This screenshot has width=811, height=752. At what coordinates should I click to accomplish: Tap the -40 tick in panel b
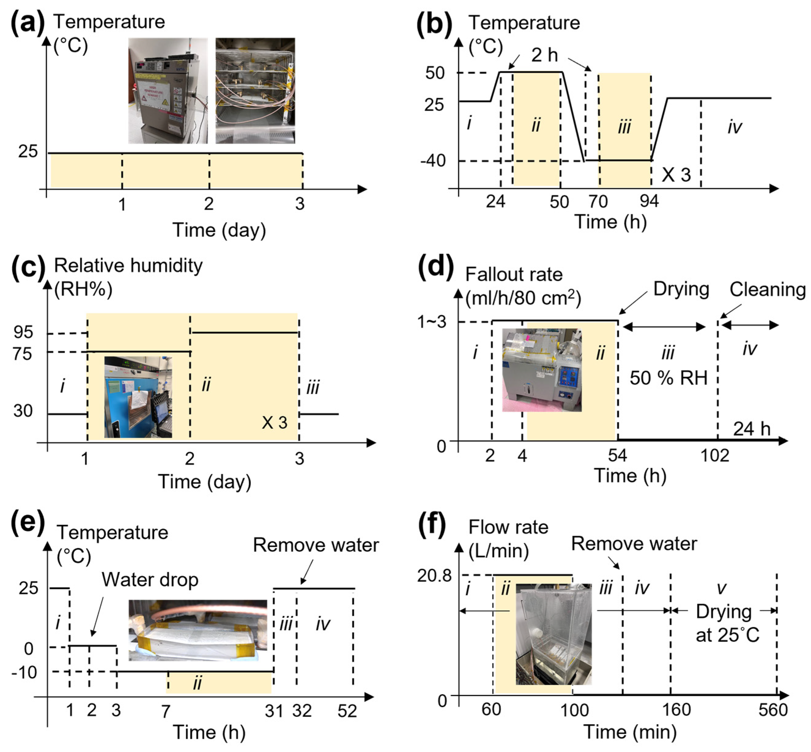tap(433, 161)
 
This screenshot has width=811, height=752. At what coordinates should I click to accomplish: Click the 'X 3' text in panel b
tap(676, 175)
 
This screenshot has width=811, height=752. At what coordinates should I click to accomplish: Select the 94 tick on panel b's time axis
tap(649, 201)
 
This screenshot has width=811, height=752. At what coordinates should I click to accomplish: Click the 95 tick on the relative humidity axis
tap(23, 333)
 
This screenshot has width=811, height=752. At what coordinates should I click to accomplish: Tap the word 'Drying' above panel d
tap(681, 289)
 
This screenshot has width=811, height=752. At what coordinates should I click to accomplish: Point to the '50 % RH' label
tap(669, 378)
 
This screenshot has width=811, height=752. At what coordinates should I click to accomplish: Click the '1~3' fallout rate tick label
tap(432, 322)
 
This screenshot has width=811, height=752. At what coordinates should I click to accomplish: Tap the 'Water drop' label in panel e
tap(150, 580)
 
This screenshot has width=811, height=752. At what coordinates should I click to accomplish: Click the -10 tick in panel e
tap(24, 672)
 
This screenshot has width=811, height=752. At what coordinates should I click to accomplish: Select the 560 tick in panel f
tap(773, 710)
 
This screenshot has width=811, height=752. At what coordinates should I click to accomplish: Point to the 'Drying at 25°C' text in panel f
tap(727, 623)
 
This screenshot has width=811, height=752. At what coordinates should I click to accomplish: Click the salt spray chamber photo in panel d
tap(542, 370)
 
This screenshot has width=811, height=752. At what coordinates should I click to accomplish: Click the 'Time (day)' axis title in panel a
tap(219, 230)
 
